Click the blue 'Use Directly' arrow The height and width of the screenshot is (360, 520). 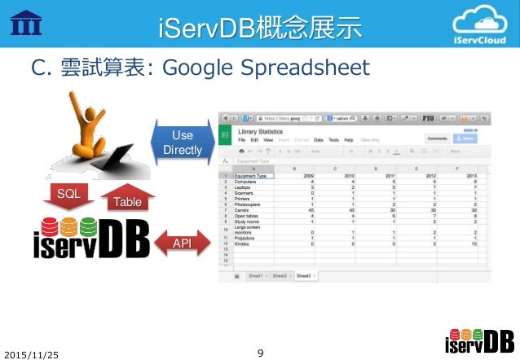point(182,142)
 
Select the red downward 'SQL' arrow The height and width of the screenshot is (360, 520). point(69,195)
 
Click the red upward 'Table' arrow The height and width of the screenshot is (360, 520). point(126,198)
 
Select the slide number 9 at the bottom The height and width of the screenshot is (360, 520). point(260,353)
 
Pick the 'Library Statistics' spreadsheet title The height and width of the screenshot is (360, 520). point(265,131)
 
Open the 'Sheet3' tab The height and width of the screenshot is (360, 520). point(306,276)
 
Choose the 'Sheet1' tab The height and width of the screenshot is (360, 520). point(256,276)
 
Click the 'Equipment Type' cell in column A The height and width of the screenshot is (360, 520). point(250,175)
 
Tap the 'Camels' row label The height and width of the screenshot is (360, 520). point(242,209)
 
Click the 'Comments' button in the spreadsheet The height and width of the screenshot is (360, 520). point(437,139)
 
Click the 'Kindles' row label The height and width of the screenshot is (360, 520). point(242,244)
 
